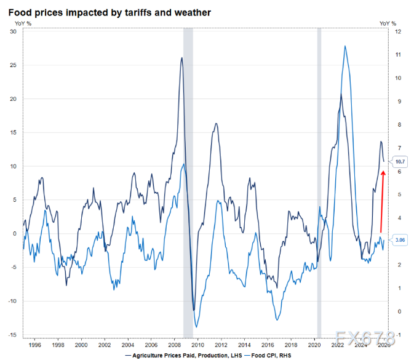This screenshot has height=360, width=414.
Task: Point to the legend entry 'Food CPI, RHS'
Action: [x=270, y=355]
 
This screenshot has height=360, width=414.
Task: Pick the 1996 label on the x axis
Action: [x=34, y=346]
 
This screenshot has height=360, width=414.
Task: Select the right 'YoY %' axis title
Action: [x=388, y=23]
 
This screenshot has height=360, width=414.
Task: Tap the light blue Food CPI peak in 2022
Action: [x=345, y=46]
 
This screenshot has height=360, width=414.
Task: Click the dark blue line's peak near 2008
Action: [x=181, y=58]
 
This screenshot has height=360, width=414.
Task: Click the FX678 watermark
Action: [x=361, y=338]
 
